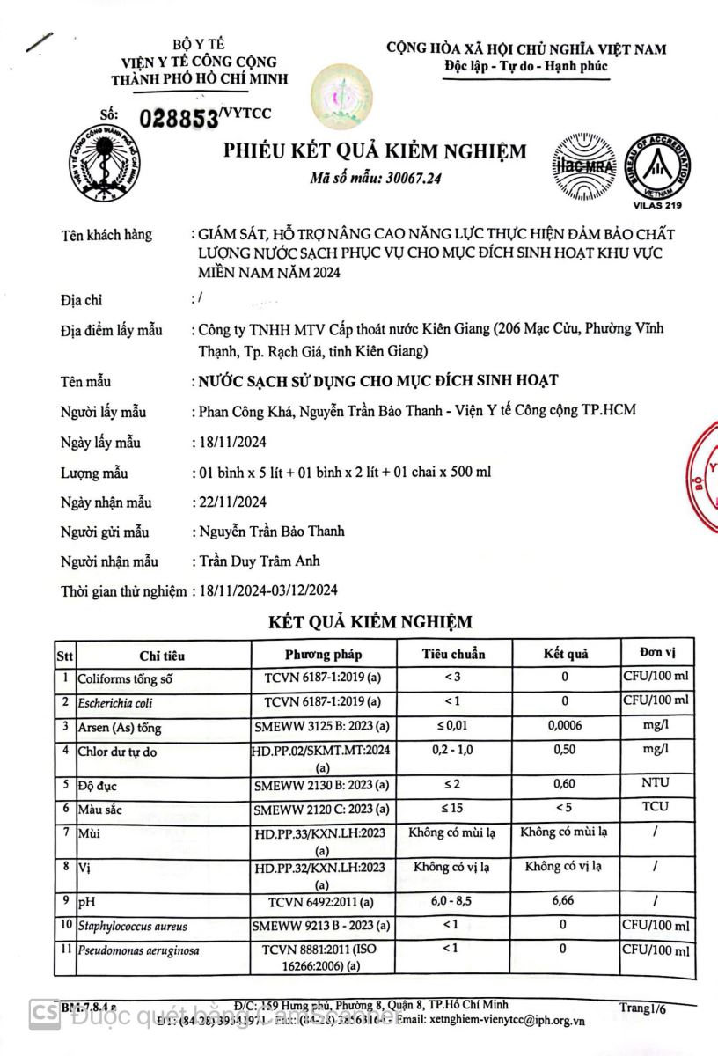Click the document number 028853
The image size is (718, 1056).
pos(179,119)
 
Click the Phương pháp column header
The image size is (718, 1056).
pos(323,654)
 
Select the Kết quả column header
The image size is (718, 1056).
pos(565,654)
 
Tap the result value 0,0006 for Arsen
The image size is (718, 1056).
pos(565,726)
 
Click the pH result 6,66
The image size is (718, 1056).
pos(564,900)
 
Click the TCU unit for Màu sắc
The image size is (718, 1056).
pos(655,806)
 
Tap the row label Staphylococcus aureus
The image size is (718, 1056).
pos(132,926)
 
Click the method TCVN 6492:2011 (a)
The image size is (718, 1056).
pos(323,901)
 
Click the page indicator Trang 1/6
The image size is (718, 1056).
pos(642,1008)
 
